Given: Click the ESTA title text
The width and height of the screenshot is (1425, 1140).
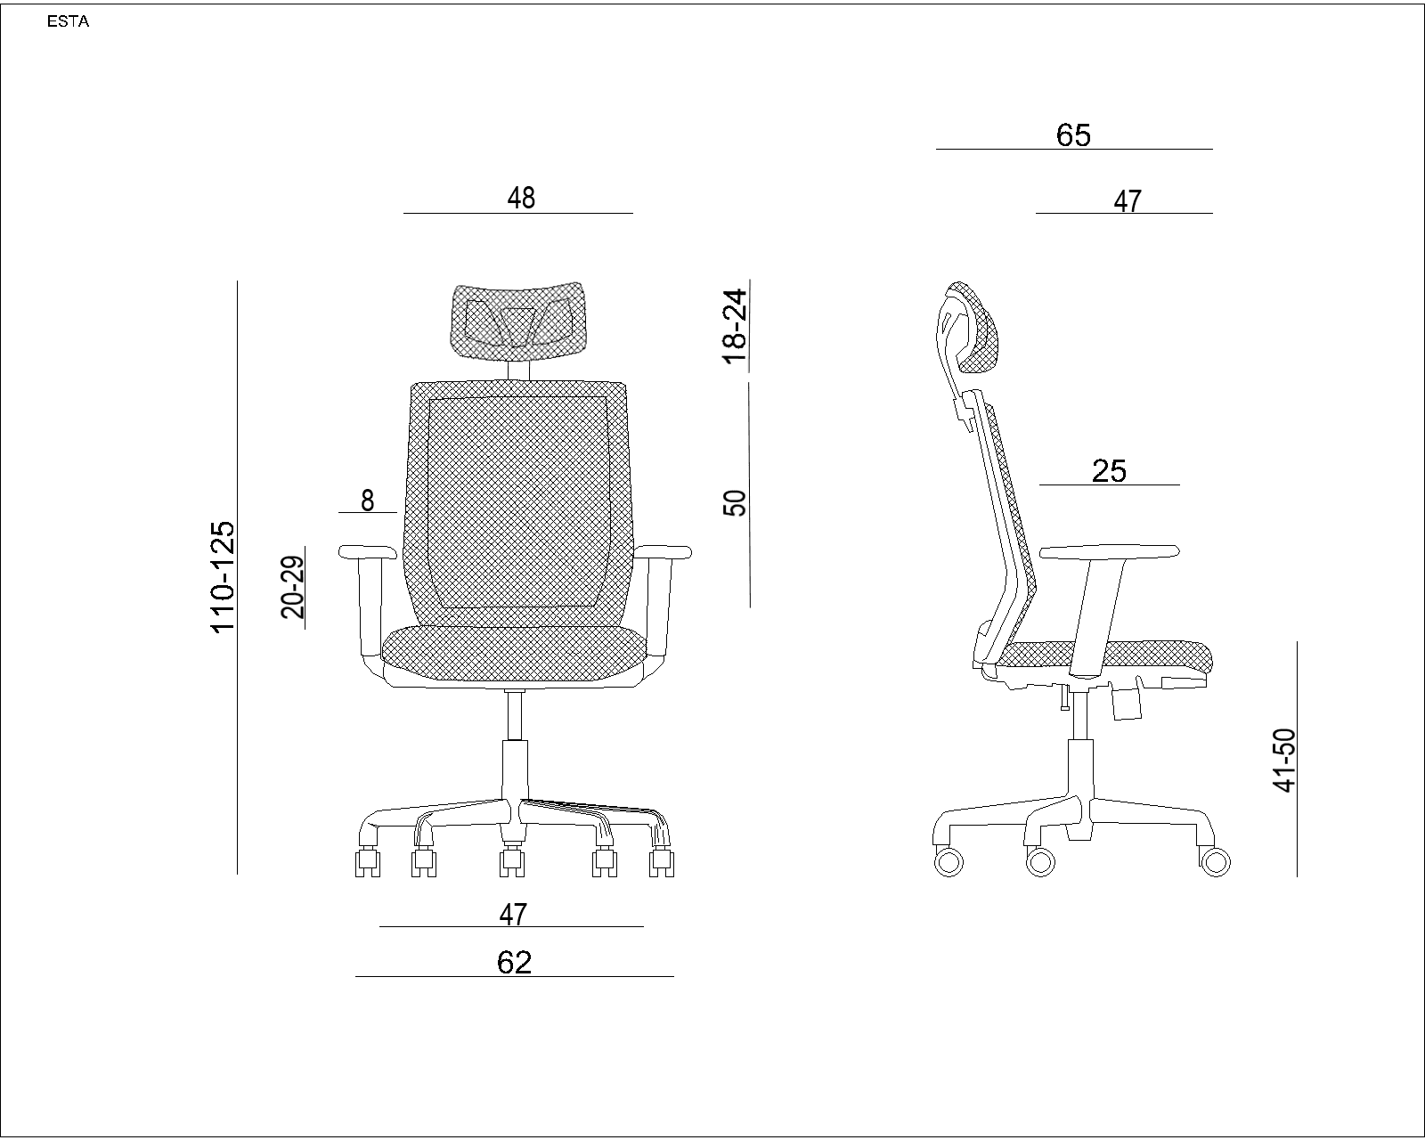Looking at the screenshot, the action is (x=68, y=21).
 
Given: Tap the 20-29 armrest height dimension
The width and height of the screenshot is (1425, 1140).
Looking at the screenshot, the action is (x=293, y=587).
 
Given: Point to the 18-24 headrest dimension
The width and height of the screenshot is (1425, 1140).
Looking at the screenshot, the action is (x=735, y=327).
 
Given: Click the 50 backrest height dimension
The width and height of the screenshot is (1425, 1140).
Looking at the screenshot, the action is (x=735, y=503).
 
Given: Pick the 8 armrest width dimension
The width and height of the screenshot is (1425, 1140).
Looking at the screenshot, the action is (x=368, y=501).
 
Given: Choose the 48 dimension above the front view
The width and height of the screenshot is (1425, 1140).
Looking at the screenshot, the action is (x=521, y=198).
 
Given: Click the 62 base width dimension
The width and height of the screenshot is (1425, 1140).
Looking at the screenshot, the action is (x=515, y=963).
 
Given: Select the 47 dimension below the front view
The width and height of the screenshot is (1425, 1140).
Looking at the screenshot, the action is (x=513, y=914).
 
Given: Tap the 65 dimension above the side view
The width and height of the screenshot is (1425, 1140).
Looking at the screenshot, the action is (x=1073, y=135).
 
